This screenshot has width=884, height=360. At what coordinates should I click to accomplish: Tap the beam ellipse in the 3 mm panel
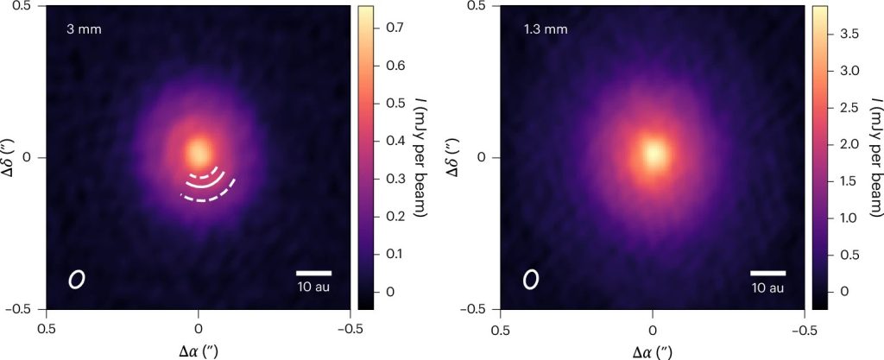coord(77,279)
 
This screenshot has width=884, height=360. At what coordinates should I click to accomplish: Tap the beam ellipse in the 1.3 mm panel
coord(531,279)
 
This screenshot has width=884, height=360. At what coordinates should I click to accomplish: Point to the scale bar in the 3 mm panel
coord(313,274)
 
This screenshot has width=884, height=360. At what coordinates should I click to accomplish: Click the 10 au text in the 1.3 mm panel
coord(767,287)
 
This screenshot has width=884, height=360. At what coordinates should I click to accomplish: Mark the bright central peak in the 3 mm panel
coord(199,153)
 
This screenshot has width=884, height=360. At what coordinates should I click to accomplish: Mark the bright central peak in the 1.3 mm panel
coord(654,155)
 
